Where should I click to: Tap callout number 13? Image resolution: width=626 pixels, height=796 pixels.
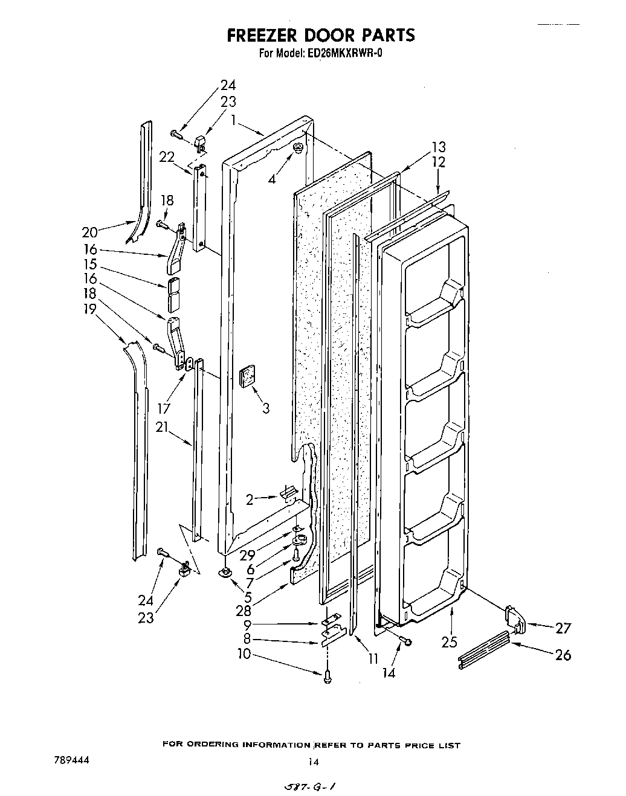pyautogui.click(x=438, y=147)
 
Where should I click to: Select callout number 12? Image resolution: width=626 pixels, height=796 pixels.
pyautogui.click(x=438, y=162)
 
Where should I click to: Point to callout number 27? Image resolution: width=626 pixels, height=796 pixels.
pyautogui.click(x=563, y=628)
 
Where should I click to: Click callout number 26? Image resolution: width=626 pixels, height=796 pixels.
pyautogui.click(x=563, y=655)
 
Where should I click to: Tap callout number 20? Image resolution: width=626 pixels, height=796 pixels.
pyautogui.click(x=89, y=232)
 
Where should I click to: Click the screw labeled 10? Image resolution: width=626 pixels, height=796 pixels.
pyautogui.click(x=328, y=678)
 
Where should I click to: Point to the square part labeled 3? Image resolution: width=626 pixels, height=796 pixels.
pyautogui.click(x=247, y=377)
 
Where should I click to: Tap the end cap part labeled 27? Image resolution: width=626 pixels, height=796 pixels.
pyautogui.click(x=514, y=618)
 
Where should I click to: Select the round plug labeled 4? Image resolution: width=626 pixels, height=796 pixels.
pyautogui.click(x=297, y=149)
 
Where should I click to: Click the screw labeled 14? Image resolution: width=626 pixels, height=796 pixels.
pyautogui.click(x=408, y=641)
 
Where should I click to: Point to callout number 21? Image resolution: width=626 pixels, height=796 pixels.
pyautogui.click(x=161, y=427)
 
